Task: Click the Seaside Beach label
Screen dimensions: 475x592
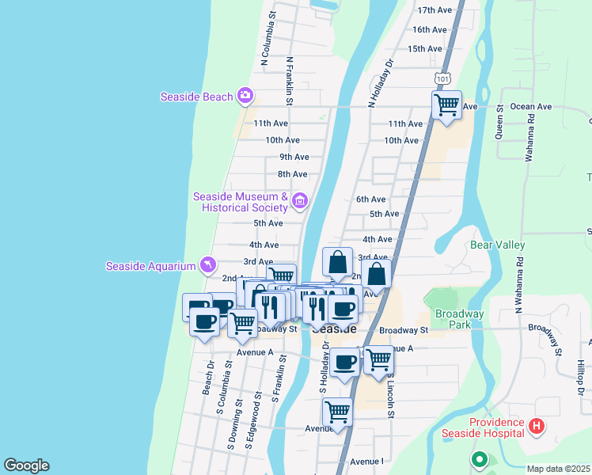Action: [196, 97]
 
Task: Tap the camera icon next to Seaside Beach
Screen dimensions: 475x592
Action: [245, 97]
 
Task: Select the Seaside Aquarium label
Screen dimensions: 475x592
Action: [150, 266]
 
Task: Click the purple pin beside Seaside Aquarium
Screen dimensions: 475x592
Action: [207, 264]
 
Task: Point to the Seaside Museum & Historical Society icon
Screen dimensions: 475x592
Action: [299, 201]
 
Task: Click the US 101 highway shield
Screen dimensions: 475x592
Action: [442, 78]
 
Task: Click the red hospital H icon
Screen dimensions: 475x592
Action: [537, 427]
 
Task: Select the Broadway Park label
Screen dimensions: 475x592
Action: [453, 319]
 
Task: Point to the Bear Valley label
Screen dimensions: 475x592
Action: [498, 245]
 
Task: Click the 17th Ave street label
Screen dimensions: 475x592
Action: [434, 10]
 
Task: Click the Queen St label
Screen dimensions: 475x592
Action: [500, 121]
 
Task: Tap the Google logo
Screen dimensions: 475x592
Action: [26, 465]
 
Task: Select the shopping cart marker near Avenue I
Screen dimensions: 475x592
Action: [338, 412]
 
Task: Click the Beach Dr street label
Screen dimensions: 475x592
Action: [207, 378]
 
